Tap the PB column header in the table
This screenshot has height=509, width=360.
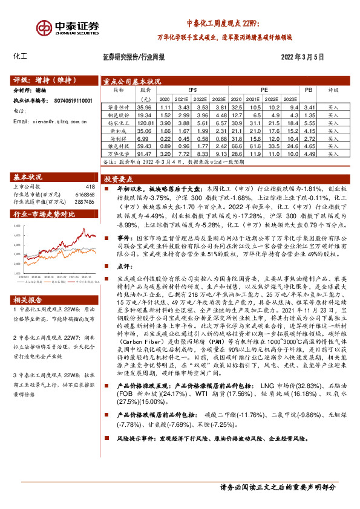pyautogui.click(x=309, y=89)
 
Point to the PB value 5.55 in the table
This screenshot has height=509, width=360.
pyautogui.click(x=309, y=122)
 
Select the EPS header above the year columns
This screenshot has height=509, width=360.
pyautogui.click(x=192, y=89)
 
